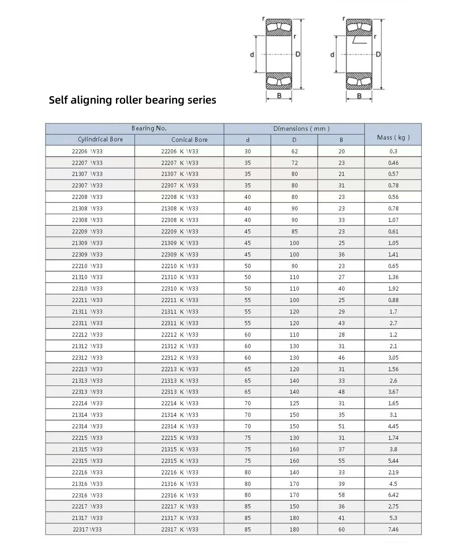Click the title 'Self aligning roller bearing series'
[132, 100]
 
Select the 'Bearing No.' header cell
[149, 128]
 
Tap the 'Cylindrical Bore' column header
[100, 140]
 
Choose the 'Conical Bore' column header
[189, 140]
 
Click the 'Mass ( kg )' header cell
[393, 137]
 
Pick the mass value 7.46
[393, 529]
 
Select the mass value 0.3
[393, 151]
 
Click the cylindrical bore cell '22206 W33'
[87, 151]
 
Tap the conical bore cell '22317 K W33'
[180, 529]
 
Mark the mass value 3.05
[393, 357]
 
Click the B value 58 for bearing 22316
[341, 495]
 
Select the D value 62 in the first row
[294, 151]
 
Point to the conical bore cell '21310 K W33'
[180, 277]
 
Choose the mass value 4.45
[393, 426]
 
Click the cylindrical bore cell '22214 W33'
[87, 403]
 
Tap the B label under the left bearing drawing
[279, 96]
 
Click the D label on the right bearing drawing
[378, 54]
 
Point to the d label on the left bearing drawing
[252, 55]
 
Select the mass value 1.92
[393, 289]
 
